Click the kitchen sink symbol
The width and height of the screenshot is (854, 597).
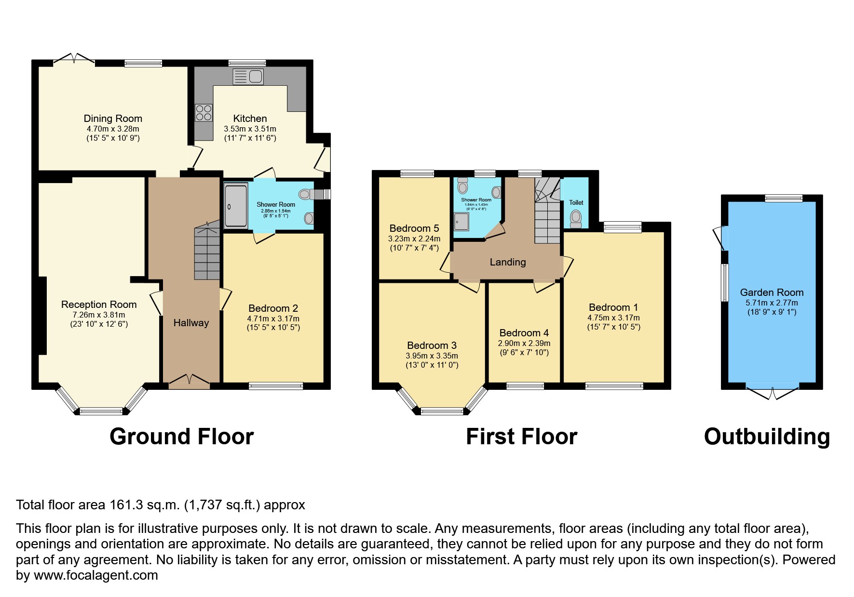248,76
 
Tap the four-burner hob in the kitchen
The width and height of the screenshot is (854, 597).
203,113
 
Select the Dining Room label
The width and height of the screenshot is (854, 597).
113,119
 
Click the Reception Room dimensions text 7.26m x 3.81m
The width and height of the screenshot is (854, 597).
99,315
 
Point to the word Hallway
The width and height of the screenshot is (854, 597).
191,323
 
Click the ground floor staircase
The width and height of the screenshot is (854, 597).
207,253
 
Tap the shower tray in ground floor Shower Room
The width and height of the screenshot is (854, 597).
235,205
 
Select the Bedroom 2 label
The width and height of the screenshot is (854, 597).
273,308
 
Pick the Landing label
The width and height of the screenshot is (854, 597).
507,262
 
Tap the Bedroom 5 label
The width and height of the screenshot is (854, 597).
414,228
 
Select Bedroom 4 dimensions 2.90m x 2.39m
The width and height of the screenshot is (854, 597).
524,344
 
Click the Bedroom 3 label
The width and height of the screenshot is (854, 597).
432,345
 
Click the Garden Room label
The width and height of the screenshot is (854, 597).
772,292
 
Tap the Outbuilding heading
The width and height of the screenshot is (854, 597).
767,437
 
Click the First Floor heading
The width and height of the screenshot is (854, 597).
521,437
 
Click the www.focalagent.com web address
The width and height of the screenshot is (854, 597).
95,575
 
